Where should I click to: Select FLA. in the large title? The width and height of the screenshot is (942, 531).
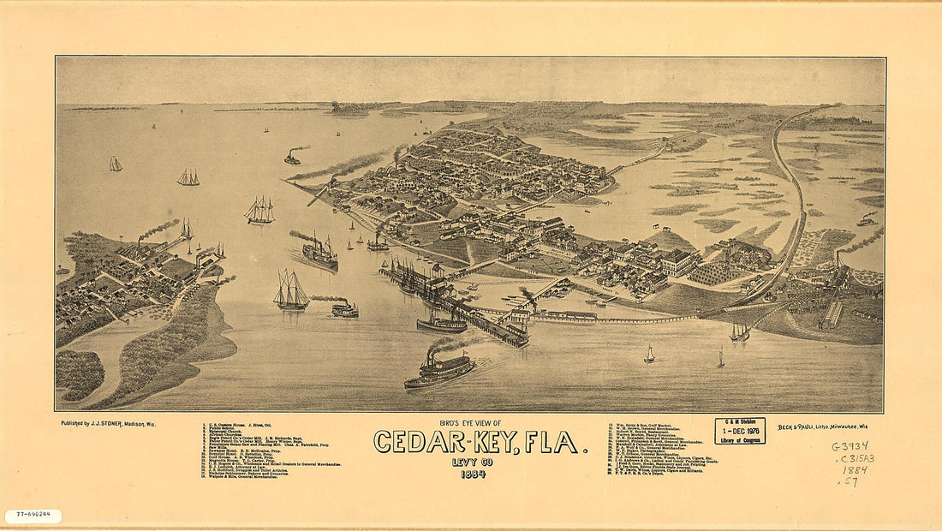(x=553, y=443)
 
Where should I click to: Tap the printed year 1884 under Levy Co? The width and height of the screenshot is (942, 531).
(x=473, y=474)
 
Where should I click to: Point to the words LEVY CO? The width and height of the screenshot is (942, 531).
(x=472, y=463)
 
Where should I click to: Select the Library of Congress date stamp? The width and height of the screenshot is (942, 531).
(x=740, y=431)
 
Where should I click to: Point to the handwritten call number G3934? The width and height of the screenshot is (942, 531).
(x=850, y=446)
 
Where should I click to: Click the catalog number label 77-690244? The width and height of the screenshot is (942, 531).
(x=33, y=516)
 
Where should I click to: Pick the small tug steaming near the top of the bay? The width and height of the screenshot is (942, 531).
(x=293, y=158)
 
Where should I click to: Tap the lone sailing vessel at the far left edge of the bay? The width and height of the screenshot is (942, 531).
(x=115, y=164)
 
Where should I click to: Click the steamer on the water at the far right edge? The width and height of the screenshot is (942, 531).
(x=866, y=221)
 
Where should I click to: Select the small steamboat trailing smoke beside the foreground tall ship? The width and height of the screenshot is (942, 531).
(x=344, y=309)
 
